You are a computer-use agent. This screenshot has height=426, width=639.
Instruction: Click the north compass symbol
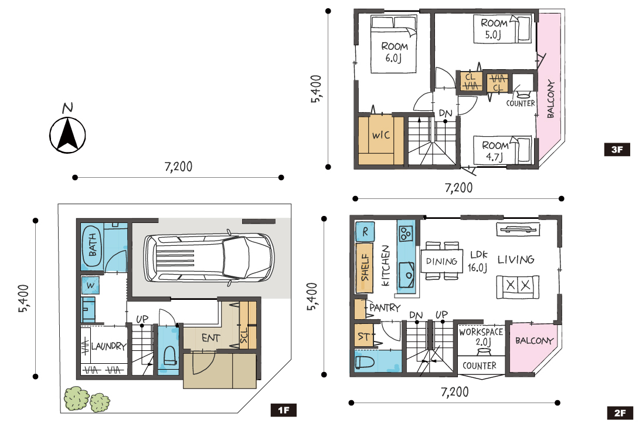67,131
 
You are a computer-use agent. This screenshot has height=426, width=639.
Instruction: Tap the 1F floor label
283,410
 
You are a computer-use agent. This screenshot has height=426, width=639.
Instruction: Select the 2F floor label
620,413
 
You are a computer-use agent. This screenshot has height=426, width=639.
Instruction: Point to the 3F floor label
617,150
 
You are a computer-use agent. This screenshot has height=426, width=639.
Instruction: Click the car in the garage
209,258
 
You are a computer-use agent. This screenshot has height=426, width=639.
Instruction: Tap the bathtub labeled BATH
93,245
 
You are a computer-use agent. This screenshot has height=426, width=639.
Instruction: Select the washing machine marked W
90,285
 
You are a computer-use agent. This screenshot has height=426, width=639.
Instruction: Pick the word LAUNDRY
108,346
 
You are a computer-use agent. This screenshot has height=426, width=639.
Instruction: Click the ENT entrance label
210,338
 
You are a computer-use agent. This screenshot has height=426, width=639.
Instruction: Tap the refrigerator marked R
365,232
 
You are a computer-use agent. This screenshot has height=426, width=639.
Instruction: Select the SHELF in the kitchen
364,268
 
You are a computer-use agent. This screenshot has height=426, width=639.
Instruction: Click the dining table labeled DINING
442,261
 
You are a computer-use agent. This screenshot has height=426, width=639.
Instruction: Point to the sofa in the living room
518,286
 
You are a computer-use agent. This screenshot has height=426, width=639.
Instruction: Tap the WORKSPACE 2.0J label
481,337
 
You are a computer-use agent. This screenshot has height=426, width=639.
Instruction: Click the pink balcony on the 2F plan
532,347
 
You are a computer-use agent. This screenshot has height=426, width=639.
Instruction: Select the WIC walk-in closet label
380,135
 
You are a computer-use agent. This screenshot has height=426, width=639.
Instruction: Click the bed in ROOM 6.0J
394,44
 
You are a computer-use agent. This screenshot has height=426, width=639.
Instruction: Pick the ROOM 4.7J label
495,151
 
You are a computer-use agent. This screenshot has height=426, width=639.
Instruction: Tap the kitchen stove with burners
406,234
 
